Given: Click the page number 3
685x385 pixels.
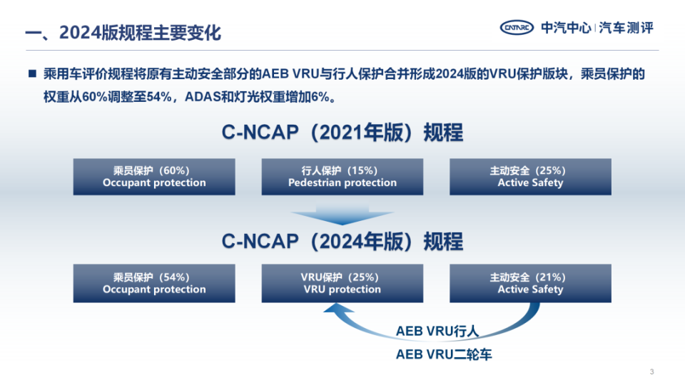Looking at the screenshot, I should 652,371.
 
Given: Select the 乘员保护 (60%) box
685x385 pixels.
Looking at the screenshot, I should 154,177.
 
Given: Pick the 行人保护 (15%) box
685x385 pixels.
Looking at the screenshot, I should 342,177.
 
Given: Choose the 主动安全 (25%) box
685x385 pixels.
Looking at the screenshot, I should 530,177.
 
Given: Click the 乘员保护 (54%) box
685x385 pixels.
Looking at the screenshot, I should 154,283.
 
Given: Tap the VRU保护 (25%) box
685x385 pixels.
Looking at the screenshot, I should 342,283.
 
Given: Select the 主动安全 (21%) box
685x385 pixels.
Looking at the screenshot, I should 530,283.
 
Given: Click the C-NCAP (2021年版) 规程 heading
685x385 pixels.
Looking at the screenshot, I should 342,133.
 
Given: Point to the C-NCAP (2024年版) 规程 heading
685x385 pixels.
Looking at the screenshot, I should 342,241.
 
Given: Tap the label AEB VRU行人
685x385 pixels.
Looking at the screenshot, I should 437,332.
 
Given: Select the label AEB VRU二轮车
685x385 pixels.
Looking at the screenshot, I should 444,354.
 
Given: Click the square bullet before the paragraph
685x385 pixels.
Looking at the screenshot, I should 31,74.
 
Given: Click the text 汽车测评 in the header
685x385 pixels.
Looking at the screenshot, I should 626,28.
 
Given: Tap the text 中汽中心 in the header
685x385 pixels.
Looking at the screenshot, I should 566,28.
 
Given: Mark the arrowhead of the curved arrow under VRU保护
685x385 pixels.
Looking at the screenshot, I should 330,309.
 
